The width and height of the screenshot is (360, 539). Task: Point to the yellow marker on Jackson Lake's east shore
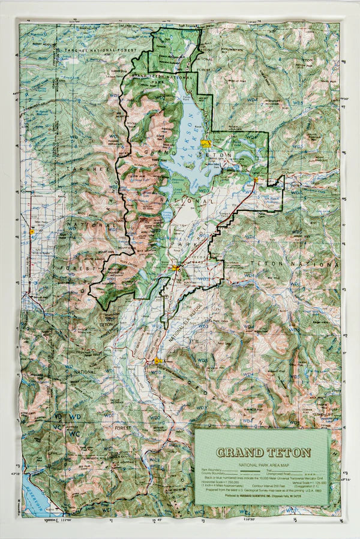click(x=206, y=144)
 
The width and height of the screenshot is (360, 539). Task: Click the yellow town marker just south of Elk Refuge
click(x=157, y=361)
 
